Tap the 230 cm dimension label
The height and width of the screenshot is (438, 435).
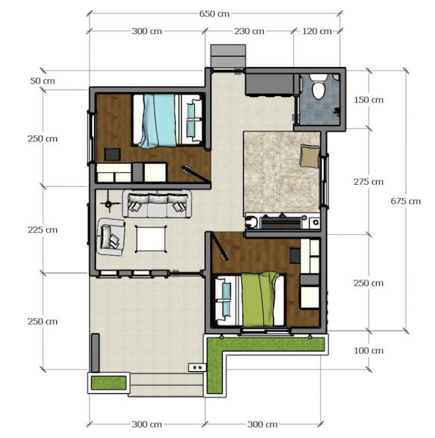coord(250,31)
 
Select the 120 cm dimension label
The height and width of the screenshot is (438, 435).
coord(317,31)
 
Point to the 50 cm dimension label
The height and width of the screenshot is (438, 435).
coord(43,81)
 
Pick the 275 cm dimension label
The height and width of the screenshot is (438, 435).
coord(369,182)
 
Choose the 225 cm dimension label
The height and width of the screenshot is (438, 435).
coord(43,230)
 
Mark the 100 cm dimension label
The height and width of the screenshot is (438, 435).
coord(369,351)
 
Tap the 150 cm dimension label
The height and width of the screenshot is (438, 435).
coord(369,100)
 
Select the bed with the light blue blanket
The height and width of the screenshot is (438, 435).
coord(168,121)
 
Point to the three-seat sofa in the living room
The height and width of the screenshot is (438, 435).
coord(157,204)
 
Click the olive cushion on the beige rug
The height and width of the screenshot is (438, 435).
coord(309,156)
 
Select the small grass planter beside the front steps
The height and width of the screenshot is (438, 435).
coord(108,383)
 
